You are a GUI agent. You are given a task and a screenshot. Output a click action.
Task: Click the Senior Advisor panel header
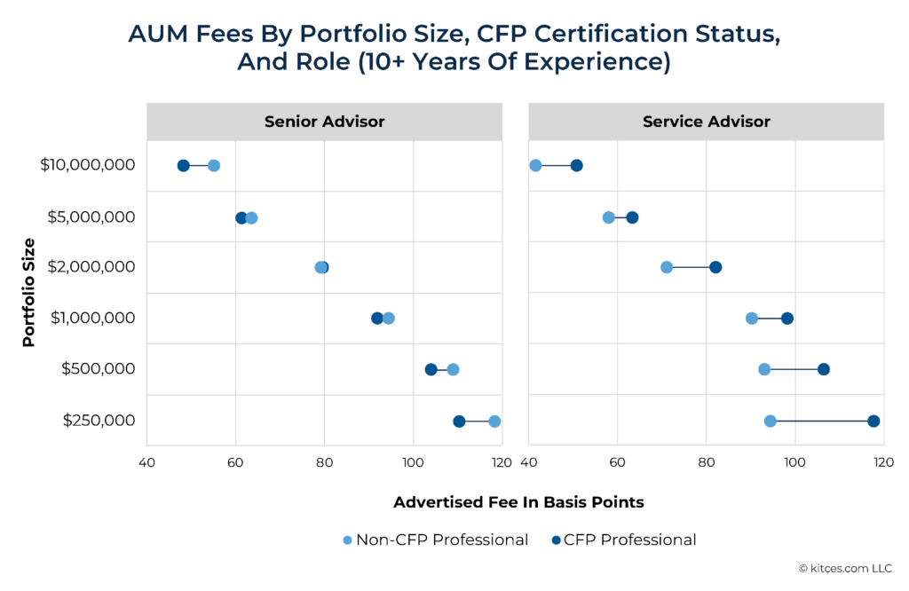[x=324, y=122]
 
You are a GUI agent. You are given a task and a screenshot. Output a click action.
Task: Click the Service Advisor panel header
[x=706, y=122]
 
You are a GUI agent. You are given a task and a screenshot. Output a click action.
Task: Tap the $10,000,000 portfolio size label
[x=88, y=165]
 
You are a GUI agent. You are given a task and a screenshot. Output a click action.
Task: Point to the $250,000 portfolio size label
[x=99, y=421]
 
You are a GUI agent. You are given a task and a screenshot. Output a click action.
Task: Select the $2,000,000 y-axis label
[x=92, y=267]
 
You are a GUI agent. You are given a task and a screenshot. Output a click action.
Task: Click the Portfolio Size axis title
[x=29, y=292]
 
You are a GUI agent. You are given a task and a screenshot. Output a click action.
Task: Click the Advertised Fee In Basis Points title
[x=518, y=502]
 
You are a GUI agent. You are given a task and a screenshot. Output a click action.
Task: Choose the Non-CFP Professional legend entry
[x=435, y=540]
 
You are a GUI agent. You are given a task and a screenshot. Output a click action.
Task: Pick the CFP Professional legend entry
[x=623, y=540]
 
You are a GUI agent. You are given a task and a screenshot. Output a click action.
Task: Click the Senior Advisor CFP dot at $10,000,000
[x=183, y=166]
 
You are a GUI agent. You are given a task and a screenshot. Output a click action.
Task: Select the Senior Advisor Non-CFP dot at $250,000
[x=494, y=421]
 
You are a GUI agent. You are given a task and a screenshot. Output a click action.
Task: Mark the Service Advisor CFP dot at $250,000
[x=873, y=421]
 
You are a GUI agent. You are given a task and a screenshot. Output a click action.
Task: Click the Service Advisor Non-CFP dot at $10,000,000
[x=535, y=165]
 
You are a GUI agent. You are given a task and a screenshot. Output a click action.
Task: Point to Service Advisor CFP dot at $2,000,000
[x=715, y=267]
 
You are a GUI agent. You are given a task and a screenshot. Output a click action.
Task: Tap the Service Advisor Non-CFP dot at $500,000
[x=764, y=369]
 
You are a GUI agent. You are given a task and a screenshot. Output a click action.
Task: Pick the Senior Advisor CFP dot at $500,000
[x=431, y=369]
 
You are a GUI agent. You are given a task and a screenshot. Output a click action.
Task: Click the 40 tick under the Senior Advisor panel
[x=146, y=462]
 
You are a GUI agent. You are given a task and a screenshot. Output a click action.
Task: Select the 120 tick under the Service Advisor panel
[x=883, y=462]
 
